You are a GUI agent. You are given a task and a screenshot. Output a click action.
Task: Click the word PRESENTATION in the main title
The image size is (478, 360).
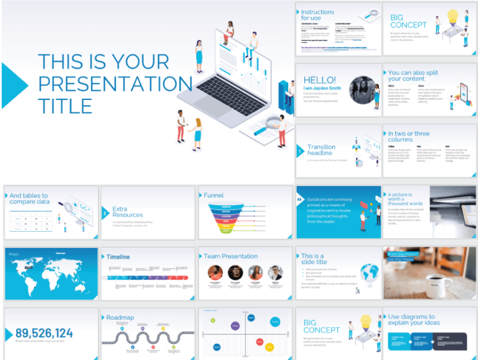tap(115, 84)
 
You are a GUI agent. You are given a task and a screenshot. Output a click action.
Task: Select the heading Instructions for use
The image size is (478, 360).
tap(317, 15)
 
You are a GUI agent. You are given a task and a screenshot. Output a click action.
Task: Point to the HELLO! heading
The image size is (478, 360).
tap(319, 80)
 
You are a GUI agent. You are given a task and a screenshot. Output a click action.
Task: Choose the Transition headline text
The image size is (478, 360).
tap(321, 150)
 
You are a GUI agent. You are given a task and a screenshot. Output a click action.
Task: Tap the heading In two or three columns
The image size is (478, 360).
tap(408, 136)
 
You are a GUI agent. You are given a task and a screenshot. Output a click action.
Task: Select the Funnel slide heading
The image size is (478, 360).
tap(213, 195)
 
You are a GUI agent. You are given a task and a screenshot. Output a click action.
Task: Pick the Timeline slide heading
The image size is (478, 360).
tap(118, 256)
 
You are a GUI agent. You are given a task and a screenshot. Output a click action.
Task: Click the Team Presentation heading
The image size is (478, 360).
tap(230, 256)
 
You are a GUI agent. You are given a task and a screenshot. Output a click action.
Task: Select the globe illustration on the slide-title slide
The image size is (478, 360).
tap(369, 273)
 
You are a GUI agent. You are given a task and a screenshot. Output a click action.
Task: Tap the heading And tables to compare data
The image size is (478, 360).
tap(29, 198)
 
